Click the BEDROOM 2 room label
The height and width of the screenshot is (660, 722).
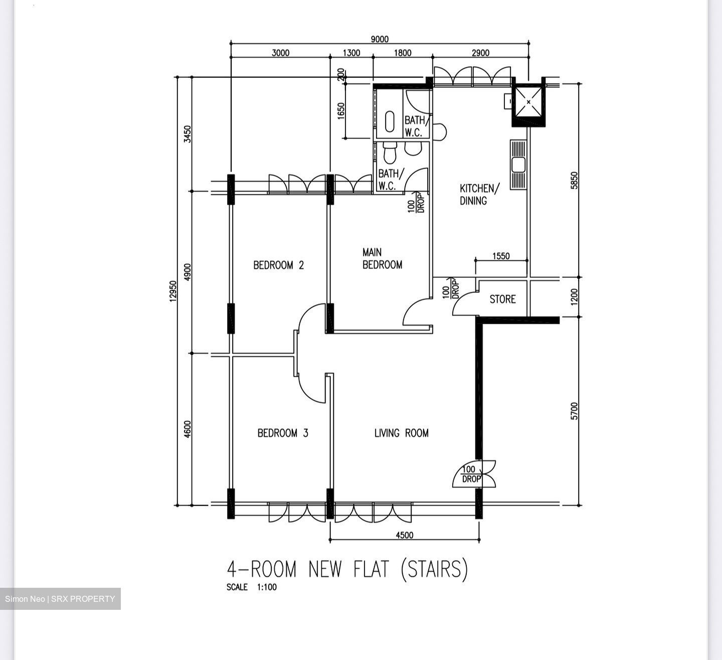pos(278,265)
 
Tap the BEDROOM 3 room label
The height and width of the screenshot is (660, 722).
pos(283,433)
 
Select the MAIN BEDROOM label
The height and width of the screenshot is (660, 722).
pos(382,258)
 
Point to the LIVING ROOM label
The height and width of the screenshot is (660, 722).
pos(401,433)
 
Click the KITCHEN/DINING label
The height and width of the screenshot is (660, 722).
pos(479,195)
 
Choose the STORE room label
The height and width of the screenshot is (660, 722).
pos(502,299)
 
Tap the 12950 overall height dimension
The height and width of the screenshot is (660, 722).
pos(173,291)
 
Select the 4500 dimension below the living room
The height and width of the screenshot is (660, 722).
pos(405,535)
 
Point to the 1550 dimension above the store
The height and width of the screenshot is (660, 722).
pos(501,256)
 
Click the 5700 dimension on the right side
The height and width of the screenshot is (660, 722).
pos(575,411)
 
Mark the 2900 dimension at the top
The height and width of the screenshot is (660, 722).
pos(480,53)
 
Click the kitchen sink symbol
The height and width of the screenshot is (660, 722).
pos(518,164)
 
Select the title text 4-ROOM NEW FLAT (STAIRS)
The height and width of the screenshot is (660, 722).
pos(347,569)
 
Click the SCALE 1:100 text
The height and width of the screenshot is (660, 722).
pos(251,587)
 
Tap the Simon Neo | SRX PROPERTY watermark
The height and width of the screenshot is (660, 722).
pos(60,599)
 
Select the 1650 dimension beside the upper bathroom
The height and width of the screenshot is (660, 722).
pos(341,111)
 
